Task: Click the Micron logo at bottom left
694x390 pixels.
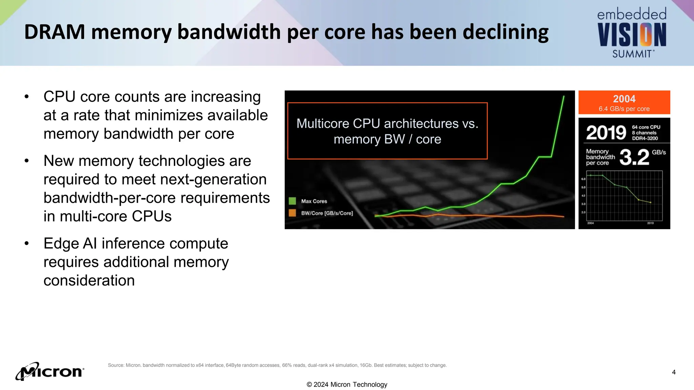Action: coord(49,371)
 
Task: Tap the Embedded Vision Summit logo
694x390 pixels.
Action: coord(632,33)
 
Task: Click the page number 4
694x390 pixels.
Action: coord(674,372)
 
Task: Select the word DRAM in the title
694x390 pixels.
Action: coord(55,32)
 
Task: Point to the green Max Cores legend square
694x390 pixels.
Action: coord(292,201)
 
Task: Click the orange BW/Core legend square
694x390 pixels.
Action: coord(292,213)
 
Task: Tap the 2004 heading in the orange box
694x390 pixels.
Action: coord(624,99)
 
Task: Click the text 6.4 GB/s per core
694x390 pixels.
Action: coord(624,109)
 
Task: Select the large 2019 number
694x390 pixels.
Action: coord(606,133)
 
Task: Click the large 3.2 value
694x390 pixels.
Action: coord(634,157)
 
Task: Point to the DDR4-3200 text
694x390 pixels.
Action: coord(645,138)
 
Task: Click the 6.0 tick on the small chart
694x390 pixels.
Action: coord(583,179)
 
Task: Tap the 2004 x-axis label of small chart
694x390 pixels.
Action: coord(590,223)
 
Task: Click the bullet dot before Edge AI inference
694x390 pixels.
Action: coord(27,243)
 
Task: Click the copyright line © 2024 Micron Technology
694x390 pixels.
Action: coord(347,385)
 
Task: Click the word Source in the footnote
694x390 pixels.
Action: coord(115,365)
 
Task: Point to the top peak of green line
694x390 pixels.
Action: coord(564,96)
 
